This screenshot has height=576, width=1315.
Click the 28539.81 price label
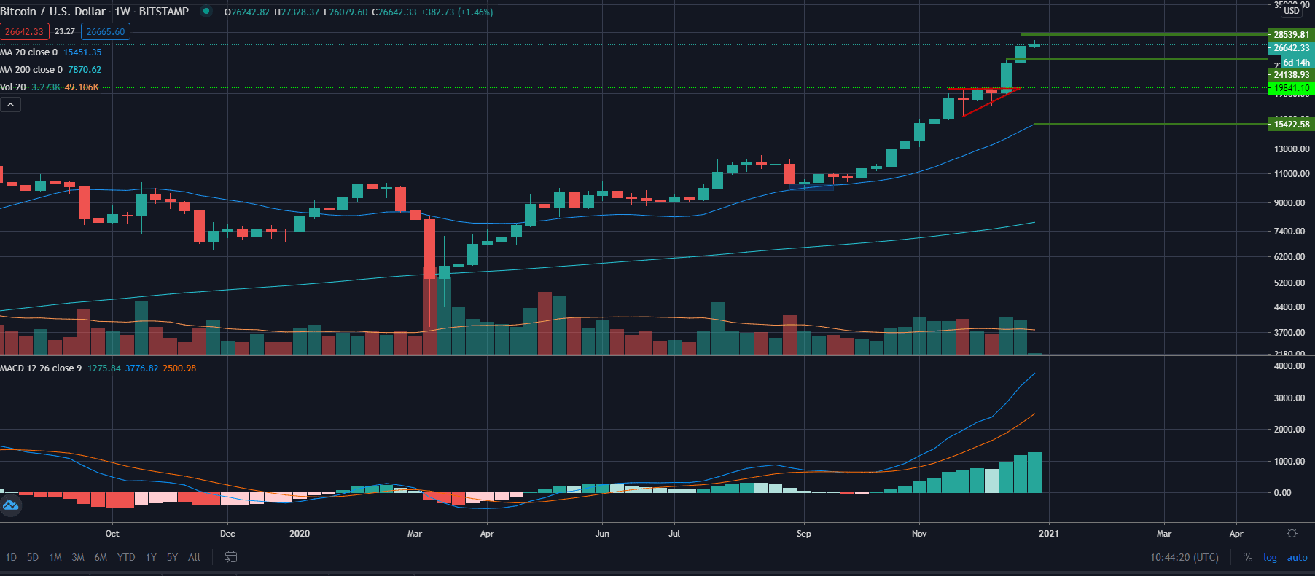[1291, 34]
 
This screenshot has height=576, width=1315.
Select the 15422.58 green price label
[1291, 124]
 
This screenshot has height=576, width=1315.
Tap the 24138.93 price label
[1291, 75]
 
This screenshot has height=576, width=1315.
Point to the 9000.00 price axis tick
[1289, 203]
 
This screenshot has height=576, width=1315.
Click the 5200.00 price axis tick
[1289, 283]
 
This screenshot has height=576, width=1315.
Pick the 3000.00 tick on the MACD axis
[1289, 398]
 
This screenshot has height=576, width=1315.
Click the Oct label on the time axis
[112, 534]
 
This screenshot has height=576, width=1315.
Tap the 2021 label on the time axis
[1048, 534]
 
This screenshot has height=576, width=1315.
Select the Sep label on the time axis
[803, 534]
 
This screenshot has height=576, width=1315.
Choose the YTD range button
[126, 557]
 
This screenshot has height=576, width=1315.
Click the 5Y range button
[172, 557]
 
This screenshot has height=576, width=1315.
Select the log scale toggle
[1270, 557]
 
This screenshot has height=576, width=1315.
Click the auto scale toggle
[1297, 557]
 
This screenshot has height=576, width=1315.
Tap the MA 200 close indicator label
[31, 70]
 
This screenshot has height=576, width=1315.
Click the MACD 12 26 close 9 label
[41, 368]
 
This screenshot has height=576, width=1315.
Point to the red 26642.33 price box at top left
[24, 31]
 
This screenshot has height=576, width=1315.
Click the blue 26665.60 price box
[106, 31]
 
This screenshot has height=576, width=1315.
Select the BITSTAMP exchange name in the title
[163, 12]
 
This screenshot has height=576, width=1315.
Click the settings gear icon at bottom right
[1292, 534]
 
